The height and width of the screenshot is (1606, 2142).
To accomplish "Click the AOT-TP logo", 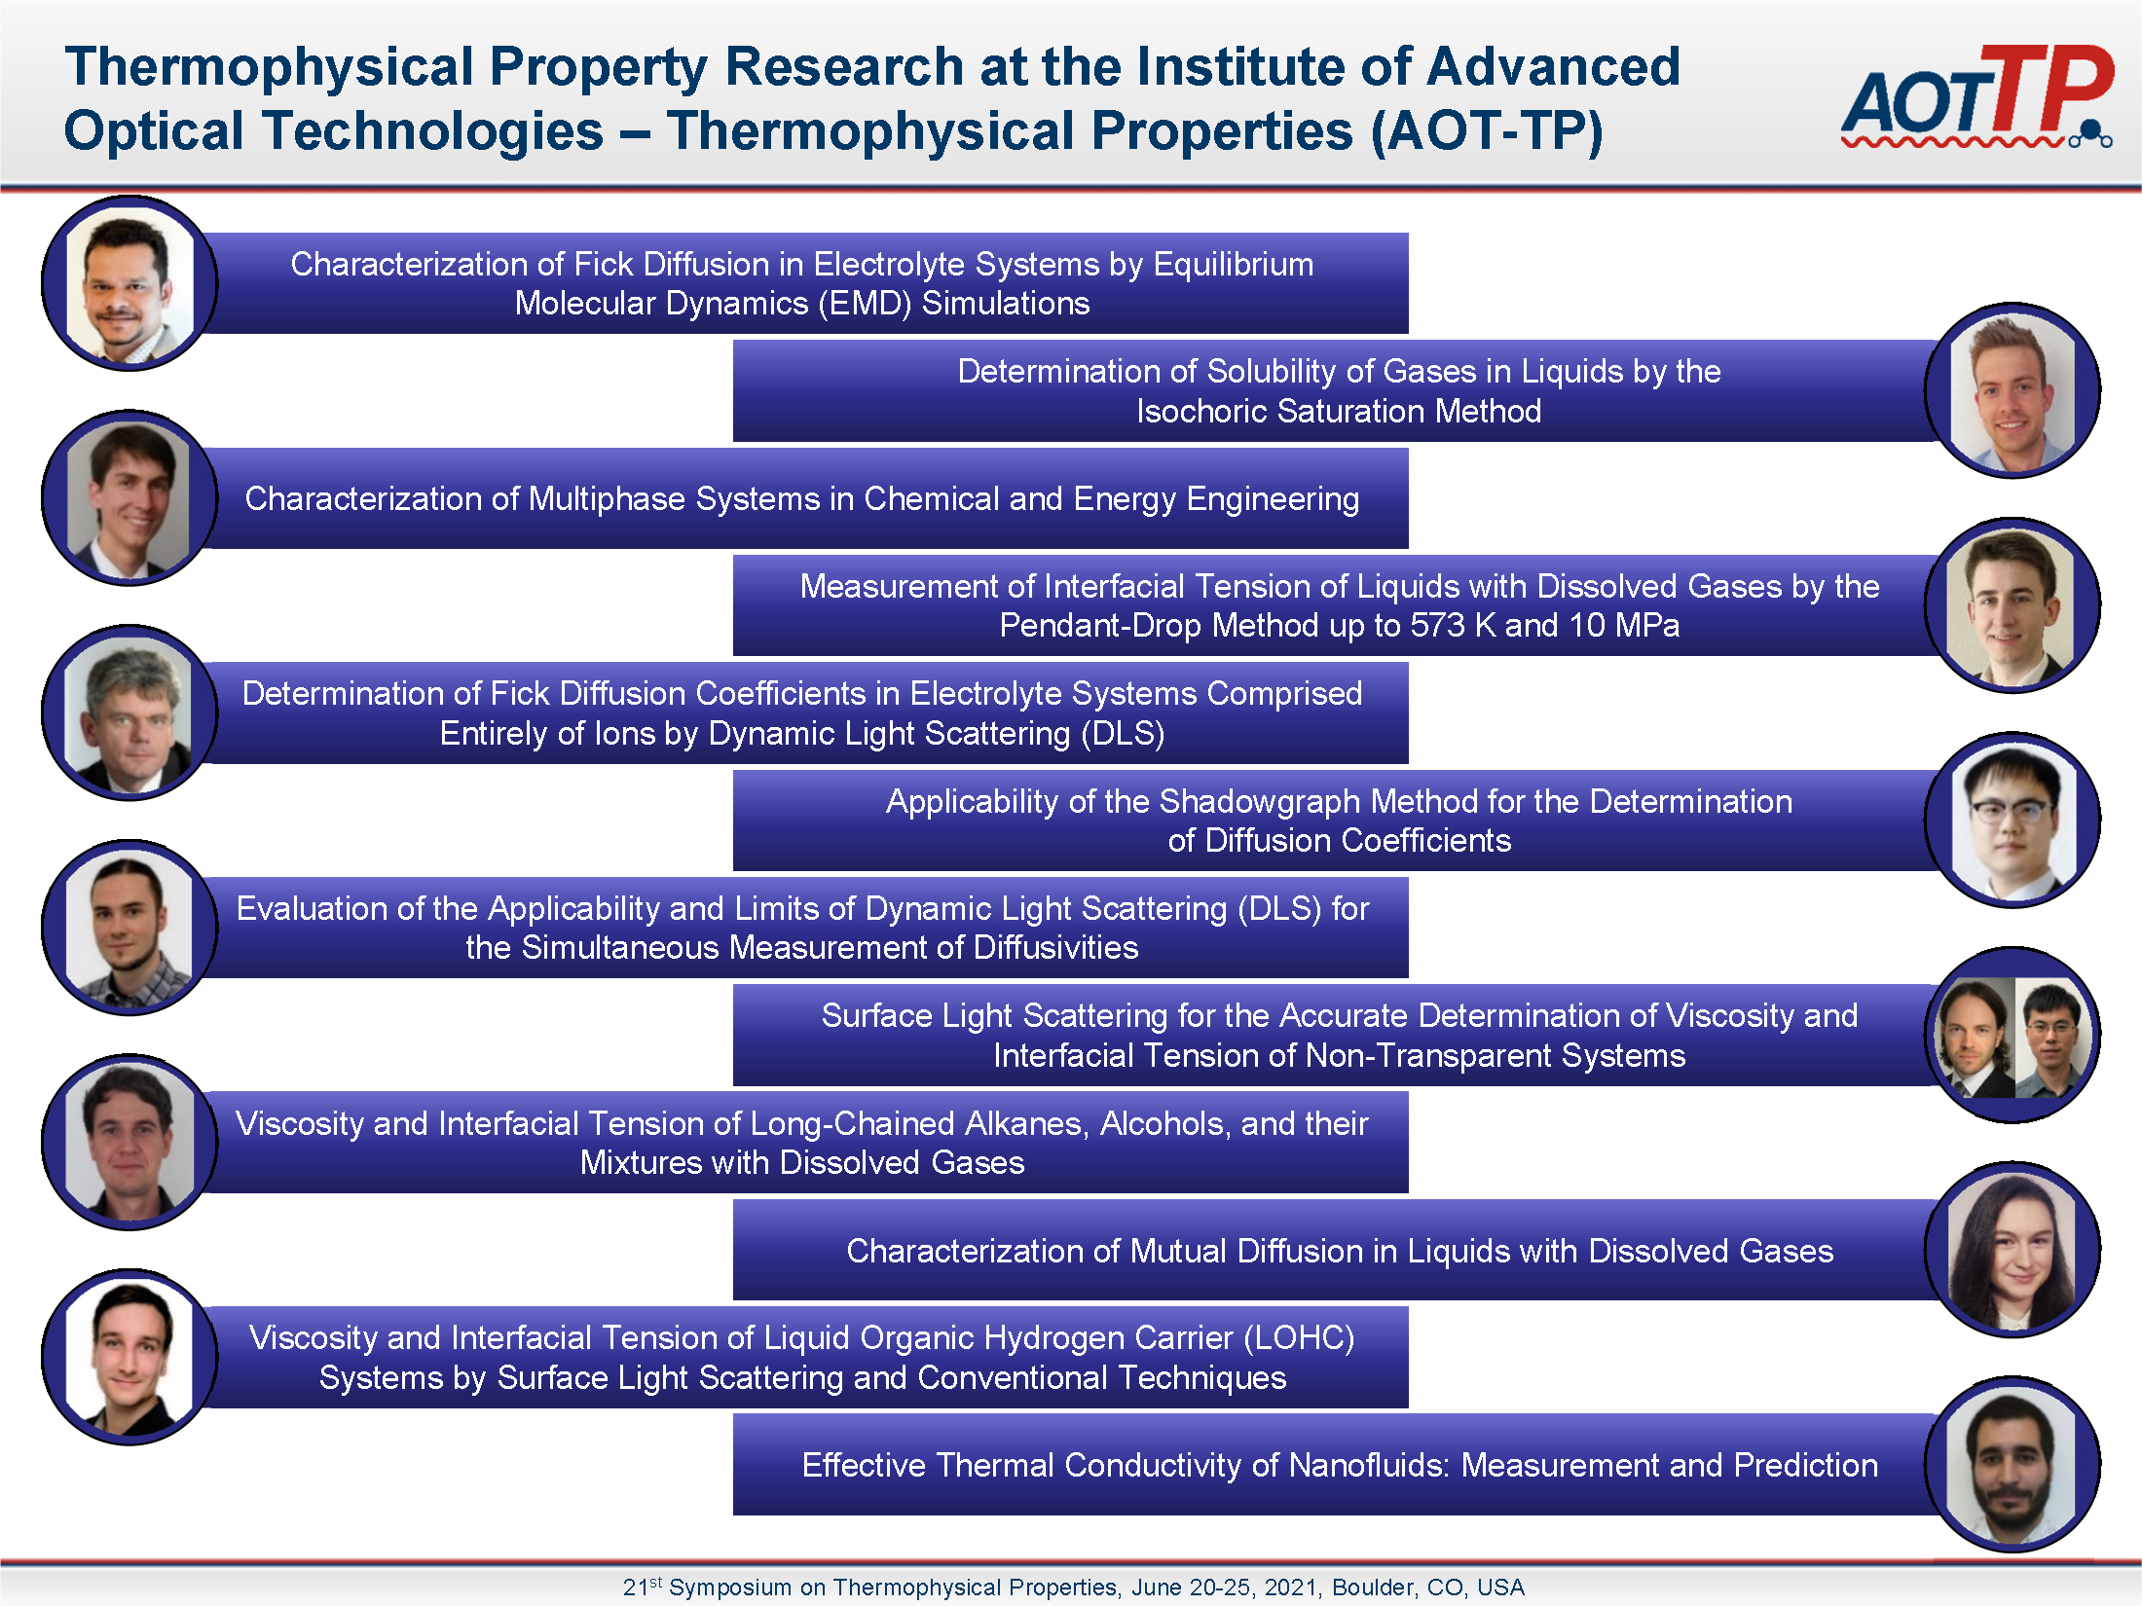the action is (x=1976, y=95).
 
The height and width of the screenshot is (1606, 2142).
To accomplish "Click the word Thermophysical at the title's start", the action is (x=269, y=68).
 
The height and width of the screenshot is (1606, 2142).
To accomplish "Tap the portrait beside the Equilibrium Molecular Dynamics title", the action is (x=129, y=283).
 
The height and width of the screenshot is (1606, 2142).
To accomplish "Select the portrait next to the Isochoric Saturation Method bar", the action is (x=2013, y=390).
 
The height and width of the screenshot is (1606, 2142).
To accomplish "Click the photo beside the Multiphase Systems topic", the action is (x=129, y=498).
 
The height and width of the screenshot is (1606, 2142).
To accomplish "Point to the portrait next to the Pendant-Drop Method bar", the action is (x=2013, y=605).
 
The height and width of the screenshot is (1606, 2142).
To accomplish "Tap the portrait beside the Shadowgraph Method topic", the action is (x=2013, y=821).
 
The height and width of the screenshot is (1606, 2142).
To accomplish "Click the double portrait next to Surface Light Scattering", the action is (x=2013, y=1035).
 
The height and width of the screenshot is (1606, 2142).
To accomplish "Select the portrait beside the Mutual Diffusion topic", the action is (x=2013, y=1250).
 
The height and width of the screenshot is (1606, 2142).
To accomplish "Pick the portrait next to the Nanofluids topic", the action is (x=2013, y=1465).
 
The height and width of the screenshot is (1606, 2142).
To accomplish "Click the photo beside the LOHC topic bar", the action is (x=129, y=1357).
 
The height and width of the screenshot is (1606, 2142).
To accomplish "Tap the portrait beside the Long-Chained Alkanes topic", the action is (x=129, y=1142).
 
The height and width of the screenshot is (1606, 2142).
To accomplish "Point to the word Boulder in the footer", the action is (x=1373, y=1588).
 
